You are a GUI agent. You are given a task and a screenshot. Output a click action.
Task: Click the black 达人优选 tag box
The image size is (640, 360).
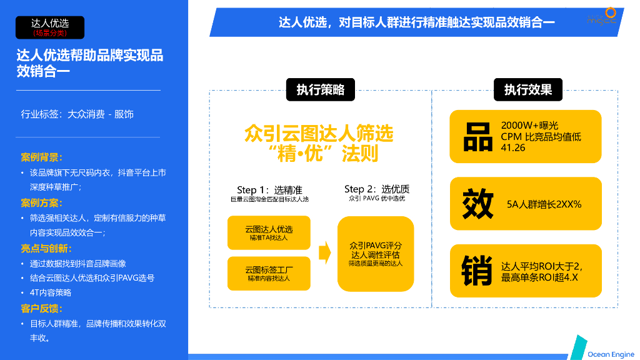pos(50,27)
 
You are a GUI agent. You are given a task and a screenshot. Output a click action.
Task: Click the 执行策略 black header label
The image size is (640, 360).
pos(320,90)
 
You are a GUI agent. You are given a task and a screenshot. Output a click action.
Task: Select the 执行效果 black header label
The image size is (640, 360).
pos(527,90)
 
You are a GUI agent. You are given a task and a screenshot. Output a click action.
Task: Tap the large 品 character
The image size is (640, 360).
pos(477,137)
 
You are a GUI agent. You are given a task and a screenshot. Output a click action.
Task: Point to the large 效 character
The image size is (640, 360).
pos(477,204)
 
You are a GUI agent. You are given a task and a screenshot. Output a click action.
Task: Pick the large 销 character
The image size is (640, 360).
pos(477,271)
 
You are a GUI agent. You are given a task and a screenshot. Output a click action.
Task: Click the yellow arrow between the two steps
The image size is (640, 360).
pos(324,253)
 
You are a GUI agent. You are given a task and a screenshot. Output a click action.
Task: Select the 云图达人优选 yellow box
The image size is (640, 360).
pos(269,233)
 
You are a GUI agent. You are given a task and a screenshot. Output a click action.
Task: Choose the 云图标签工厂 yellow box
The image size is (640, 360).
pos(269,273)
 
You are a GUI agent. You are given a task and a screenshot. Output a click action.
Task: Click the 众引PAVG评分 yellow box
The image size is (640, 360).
pos(376,254)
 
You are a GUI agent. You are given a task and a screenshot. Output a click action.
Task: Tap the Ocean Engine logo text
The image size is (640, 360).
pos(611,354)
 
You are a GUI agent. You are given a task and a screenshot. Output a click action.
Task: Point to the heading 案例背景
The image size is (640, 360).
pos(42,157)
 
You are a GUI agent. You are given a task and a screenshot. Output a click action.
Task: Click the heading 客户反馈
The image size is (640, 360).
pos(42,309)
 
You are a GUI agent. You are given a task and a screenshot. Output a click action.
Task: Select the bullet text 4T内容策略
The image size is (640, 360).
pos(51,292)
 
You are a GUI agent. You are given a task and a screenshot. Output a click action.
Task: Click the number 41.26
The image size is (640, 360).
pos(513,148)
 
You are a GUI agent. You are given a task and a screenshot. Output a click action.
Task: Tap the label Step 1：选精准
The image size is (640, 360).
pos(270,190)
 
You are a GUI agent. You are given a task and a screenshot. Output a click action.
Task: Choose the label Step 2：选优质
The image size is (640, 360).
pos(377,189)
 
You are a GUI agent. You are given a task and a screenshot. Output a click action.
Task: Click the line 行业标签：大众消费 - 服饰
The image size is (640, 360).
pos(77,114)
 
